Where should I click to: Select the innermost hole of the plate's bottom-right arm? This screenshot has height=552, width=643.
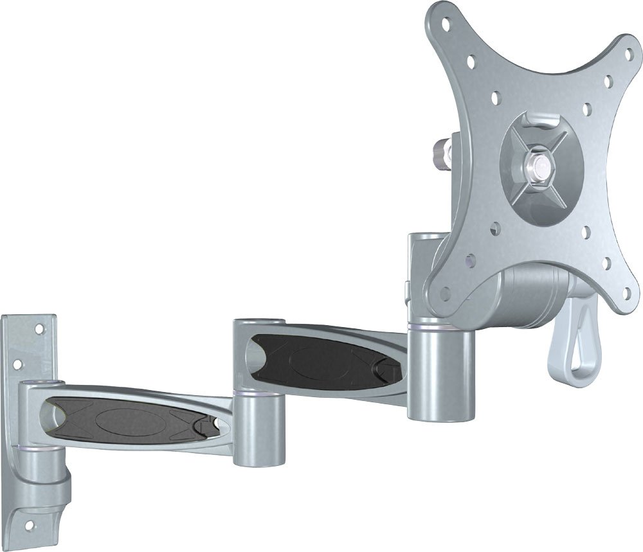586,247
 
